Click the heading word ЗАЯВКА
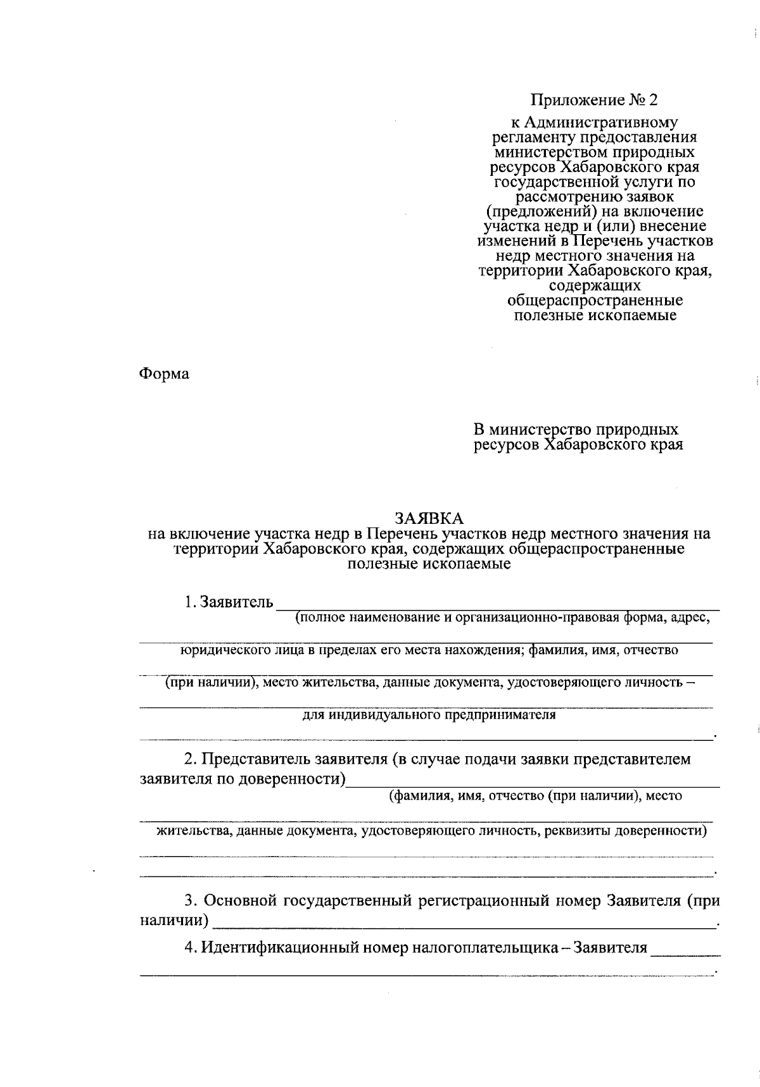[x=429, y=518]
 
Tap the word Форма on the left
[x=164, y=374]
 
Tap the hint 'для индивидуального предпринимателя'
[x=429, y=715]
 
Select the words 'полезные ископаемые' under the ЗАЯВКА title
[x=429, y=563]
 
